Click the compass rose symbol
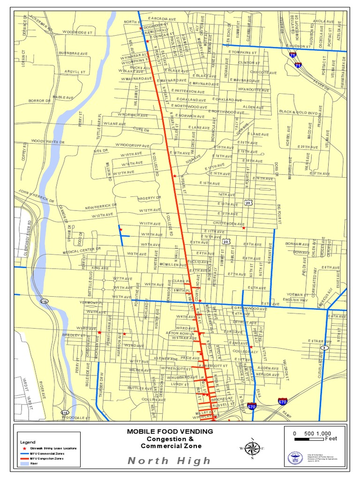coord(252,448)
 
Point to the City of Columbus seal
coord(295,458)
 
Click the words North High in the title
coord(169,461)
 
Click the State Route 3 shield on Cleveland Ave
coord(324,348)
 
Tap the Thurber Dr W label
coord(101,385)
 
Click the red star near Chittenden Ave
coord(243,228)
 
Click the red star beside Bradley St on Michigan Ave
coord(99,332)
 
